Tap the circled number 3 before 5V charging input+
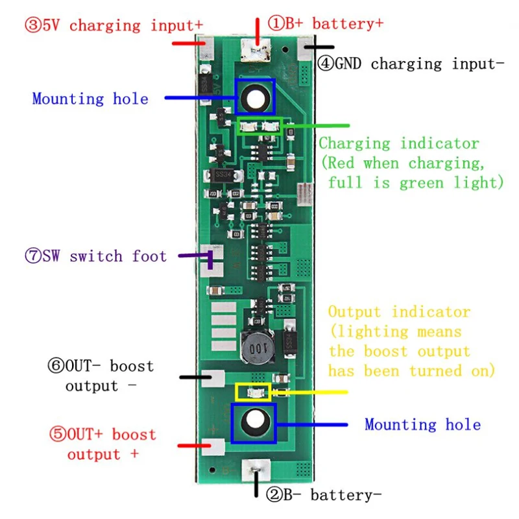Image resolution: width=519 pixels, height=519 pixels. [x=33, y=25]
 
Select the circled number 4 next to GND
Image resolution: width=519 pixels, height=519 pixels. [x=326, y=63]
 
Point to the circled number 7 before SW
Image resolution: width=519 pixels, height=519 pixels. [x=33, y=256]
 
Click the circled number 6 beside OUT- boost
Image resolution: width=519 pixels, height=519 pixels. [x=56, y=366]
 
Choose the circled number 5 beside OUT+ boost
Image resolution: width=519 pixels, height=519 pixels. [x=58, y=434]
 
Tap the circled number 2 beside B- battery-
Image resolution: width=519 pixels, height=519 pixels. [x=274, y=495]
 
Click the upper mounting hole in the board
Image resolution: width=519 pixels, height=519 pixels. [x=256, y=99]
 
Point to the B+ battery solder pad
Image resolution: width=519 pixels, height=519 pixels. [x=256, y=51]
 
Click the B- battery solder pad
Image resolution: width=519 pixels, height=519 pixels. [x=256, y=470]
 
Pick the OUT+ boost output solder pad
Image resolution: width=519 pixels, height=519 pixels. [x=213, y=446]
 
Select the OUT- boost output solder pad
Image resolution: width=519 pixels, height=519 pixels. [x=213, y=378]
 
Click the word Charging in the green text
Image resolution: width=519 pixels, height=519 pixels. [x=354, y=144]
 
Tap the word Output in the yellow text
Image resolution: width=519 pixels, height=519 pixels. [x=354, y=312]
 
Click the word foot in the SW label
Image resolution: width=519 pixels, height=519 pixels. [x=149, y=256]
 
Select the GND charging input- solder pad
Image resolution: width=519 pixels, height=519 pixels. [x=305, y=48]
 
